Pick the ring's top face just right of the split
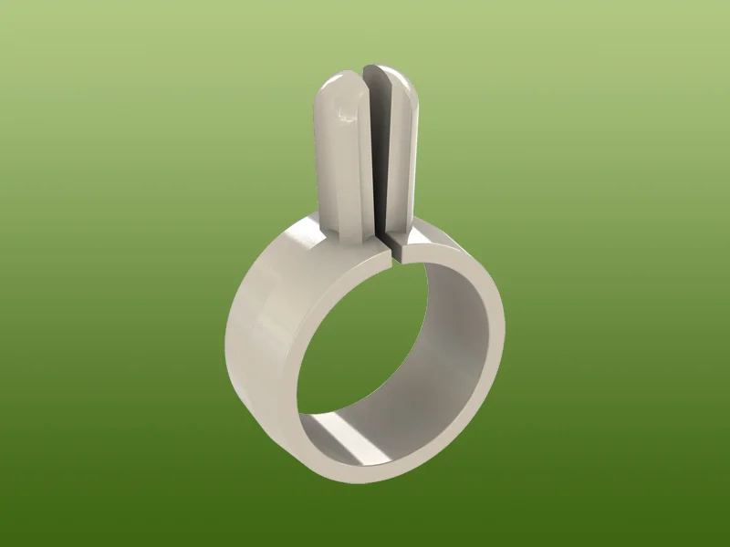429,244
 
